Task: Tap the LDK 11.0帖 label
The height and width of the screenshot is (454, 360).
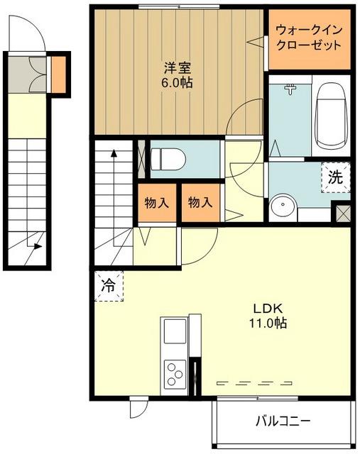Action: coord(268,316)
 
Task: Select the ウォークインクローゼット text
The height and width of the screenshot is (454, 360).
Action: coord(309,38)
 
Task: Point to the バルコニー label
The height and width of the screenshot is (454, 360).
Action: coord(283,421)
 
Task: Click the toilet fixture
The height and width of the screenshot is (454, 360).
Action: coord(168,159)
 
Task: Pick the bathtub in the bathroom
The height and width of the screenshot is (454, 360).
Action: coord(331,116)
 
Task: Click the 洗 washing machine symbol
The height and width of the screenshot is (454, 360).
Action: coord(336,177)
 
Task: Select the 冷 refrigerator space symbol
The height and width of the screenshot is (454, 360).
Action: coord(109,287)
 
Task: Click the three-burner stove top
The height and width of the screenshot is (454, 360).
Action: coord(175,374)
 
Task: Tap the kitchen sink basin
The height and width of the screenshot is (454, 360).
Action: coord(175,331)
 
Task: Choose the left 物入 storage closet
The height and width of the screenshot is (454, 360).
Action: coord(157,203)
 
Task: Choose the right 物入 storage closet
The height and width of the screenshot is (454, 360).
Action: coord(200,203)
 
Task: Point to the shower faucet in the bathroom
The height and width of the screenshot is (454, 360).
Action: coord(290,89)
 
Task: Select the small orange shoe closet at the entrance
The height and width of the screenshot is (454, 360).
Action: coord(58,74)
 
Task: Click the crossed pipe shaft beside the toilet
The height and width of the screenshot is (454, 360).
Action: coord(141,159)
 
